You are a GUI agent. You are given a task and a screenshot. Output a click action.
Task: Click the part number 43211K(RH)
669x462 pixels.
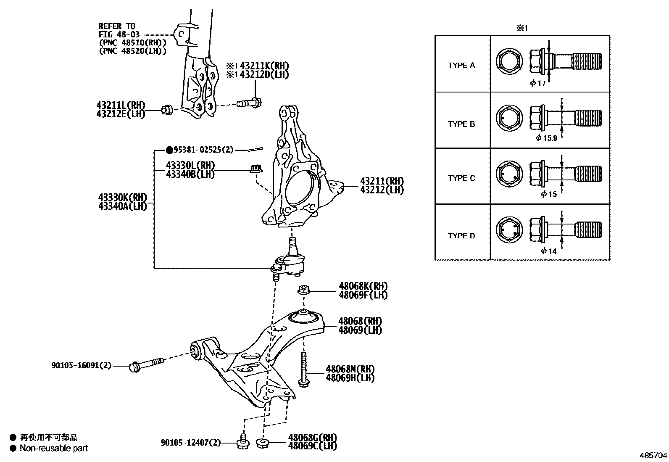[264, 66]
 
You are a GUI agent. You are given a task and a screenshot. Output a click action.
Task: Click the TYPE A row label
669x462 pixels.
[461, 66]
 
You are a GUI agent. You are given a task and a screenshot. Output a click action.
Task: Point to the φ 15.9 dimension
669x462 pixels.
[546, 138]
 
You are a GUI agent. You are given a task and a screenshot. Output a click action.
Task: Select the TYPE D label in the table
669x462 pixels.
[461, 236]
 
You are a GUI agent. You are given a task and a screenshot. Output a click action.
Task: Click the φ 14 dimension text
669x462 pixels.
[548, 251]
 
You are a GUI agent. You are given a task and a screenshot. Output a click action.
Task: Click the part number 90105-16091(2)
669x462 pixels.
[82, 366]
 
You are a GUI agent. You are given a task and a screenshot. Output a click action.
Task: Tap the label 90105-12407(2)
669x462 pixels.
[191, 443]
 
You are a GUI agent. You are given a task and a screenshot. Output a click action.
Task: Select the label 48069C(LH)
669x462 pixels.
[312, 446]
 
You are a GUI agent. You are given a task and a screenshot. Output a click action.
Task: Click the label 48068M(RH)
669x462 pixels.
[350, 369]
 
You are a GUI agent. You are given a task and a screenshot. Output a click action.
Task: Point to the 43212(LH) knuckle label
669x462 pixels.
[381, 190]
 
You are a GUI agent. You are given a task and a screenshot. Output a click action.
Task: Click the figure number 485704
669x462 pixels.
[653, 455]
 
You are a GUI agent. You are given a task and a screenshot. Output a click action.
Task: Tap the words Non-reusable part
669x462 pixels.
[54, 448]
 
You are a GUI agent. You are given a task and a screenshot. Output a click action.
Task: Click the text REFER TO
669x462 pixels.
[117, 26]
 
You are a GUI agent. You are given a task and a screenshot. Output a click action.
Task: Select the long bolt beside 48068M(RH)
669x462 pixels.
[303, 369]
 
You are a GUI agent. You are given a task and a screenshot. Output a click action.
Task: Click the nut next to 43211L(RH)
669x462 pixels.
[166, 110]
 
